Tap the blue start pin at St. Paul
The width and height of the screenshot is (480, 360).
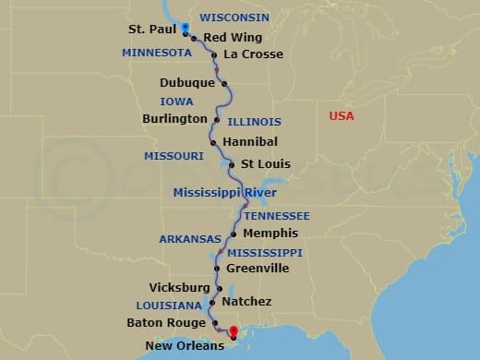(186, 27)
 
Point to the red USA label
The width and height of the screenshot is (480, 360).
(342, 115)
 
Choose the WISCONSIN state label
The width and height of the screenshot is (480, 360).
(234, 18)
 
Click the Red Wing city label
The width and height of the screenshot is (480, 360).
(233, 37)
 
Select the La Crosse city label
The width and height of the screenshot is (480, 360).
(253, 54)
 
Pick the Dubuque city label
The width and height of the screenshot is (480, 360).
(187, 83)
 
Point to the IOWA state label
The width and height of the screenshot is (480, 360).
(176, 102)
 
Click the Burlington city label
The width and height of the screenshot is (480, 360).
(174, 119)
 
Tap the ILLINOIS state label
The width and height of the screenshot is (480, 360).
(254, 122)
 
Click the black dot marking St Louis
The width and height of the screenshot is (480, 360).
(231, 164)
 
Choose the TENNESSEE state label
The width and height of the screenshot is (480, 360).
(276, 215)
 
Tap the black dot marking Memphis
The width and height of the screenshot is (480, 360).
(233, 234)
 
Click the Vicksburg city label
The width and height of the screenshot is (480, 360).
(179, 288)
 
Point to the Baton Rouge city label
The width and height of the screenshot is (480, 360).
(166, 323)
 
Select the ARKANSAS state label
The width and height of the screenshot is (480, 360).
(190, 239)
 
